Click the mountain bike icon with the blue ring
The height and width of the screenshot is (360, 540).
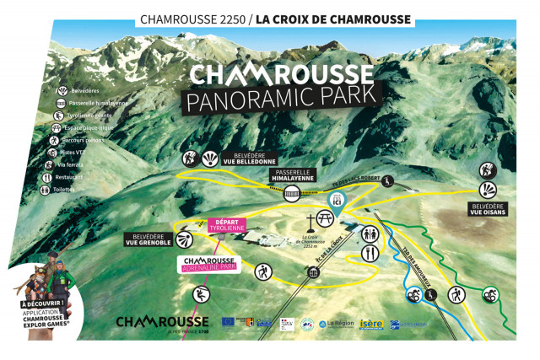(x=413, y=295)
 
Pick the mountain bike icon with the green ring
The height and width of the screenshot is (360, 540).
(x=489, y=295)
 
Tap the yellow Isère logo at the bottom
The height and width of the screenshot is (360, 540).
(x=370, y=324)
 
